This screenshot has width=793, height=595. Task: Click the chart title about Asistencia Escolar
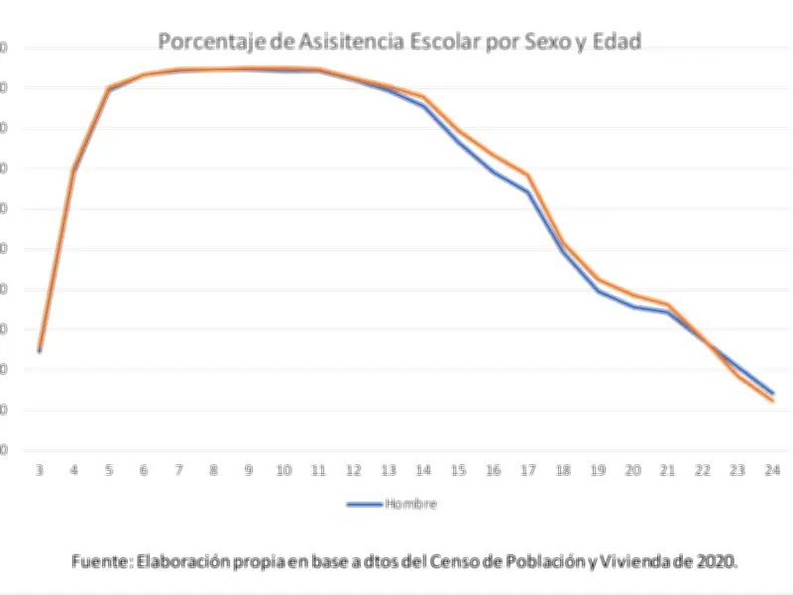click(x=399, y=42)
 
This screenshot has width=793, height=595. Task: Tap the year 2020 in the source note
click(x=716, y=560)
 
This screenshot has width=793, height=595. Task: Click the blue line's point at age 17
click(x=527, y=192)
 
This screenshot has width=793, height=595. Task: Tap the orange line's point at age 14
click(x=423, y=97)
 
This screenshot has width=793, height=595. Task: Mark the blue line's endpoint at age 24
click(x=771, y=393)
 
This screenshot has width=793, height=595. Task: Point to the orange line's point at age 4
click(x=74, y=169)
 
